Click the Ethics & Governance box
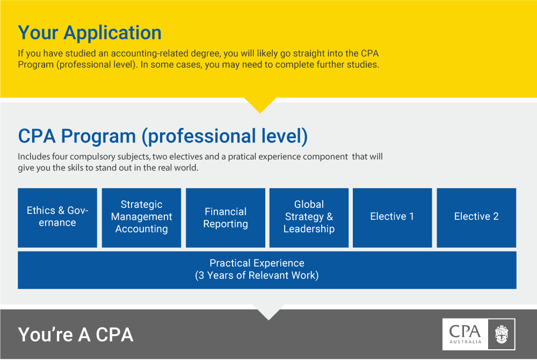(57, 218)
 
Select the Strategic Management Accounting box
(141, 218)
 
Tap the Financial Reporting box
(226, 218)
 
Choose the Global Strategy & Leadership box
(309, 218)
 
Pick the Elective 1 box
(393, 218)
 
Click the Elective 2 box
(476, 218)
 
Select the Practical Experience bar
(267, 270)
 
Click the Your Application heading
(90, 33)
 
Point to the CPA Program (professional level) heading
(163, 136)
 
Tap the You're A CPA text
(76, 335)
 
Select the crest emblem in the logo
(502, 334)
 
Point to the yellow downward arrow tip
(260, 113)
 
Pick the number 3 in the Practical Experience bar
(201, 276)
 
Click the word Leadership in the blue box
(309, 229)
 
